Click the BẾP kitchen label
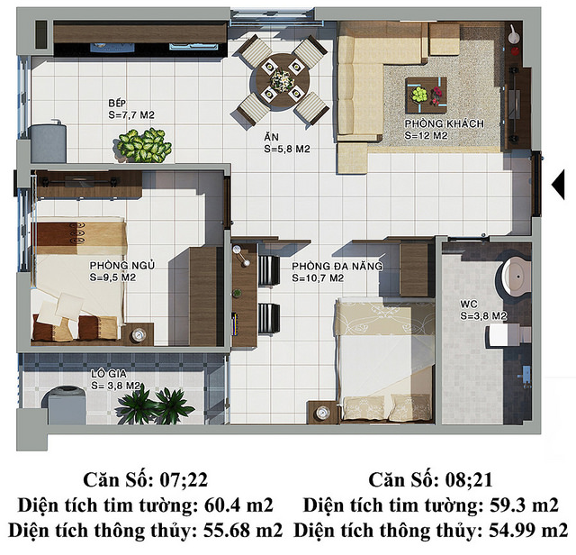pos(117,103)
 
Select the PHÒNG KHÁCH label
pos(444,123)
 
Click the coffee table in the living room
pos(426,96)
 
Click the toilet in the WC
pos(515,275)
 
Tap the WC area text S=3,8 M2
pos(483,316)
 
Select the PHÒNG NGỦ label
pos(122,265)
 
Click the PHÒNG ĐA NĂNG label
pos(337,266)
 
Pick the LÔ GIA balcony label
pos(109,374)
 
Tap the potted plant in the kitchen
pos(144,145)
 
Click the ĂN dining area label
pos(271,137)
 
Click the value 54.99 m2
pos(528,531)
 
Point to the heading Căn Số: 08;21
pos(430,480)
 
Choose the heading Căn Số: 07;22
pos(146,480)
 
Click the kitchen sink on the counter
pos(193,47)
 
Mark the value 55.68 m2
pos(243,531)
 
